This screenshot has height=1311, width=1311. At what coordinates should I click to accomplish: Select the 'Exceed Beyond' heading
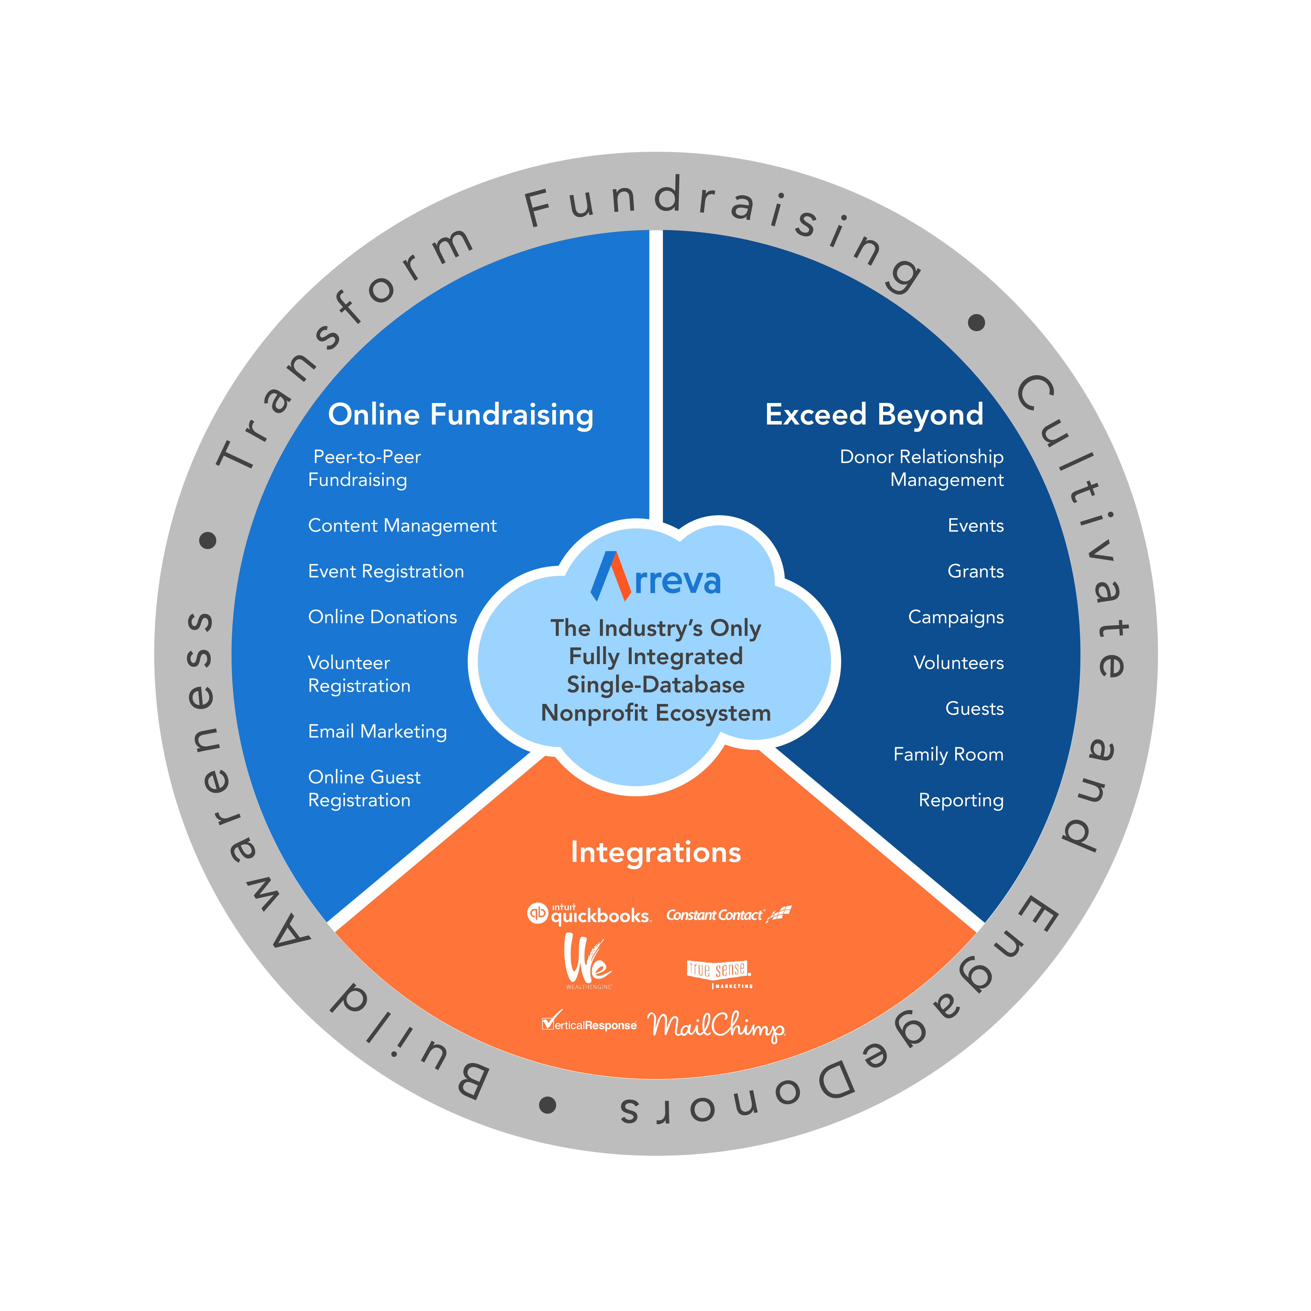point(874,415)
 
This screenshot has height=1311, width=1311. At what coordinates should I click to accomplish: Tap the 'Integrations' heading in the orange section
point(656,852)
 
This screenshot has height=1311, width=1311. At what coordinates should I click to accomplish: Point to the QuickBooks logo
point(589,914)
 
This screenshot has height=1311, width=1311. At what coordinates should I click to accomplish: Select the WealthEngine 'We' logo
point(588,960)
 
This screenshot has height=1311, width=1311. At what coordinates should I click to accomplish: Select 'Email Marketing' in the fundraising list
point(377,731)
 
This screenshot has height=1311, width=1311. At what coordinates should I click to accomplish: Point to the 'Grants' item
point(975,571)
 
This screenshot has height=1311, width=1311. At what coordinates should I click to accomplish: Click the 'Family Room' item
point(948,755)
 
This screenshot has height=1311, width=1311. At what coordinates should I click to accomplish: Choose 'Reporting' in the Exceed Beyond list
point(961,801)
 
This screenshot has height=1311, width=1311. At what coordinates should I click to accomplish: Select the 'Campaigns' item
point(955,618)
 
